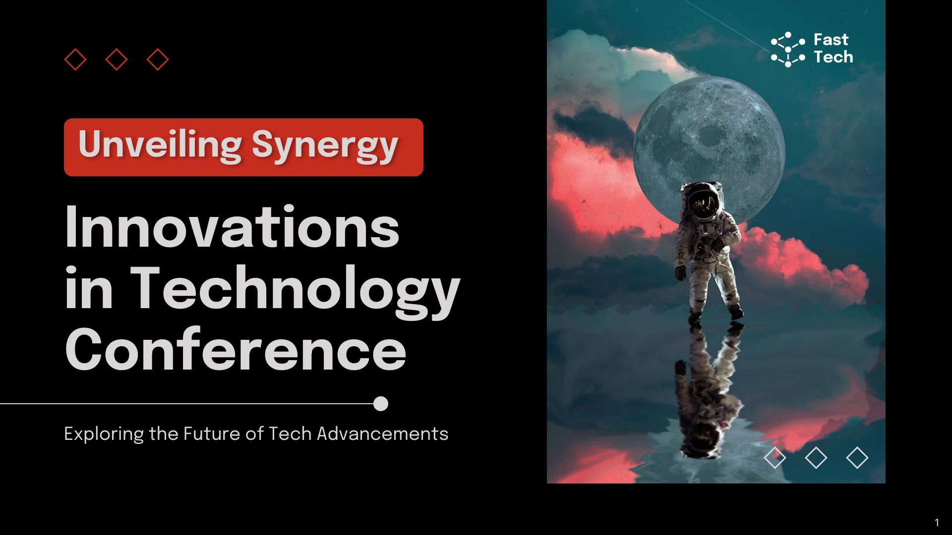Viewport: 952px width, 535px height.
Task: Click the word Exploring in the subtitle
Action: [x=104, y=434]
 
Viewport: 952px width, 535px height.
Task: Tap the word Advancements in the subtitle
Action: [x=382, y=433]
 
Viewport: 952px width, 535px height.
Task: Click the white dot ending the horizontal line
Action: [x=381, y=404]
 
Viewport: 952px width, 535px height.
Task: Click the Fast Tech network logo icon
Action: [x=788, y=50]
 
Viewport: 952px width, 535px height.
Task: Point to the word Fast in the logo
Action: [x=831, y=40]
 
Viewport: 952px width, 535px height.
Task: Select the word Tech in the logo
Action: [x=833, y=57]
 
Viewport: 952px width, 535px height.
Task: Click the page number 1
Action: [x=937, y=523]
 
